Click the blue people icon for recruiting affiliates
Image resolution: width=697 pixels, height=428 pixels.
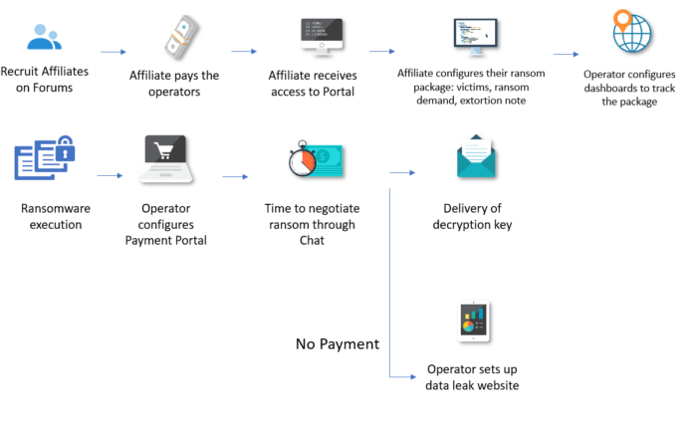pos(44,37)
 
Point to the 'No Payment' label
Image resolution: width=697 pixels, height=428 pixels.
pos(338,344)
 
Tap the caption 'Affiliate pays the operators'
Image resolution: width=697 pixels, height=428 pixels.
pos(174,84)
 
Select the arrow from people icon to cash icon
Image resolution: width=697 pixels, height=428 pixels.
pos(114,51)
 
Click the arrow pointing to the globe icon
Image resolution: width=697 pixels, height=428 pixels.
pos(566,55)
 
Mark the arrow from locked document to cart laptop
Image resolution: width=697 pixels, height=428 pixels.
pos(109,175)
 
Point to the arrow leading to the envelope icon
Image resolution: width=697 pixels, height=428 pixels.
pos(401,172)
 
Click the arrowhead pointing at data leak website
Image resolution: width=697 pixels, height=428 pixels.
pos(409,377)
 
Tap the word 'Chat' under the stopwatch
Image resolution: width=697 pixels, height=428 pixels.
pos(312,240)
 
